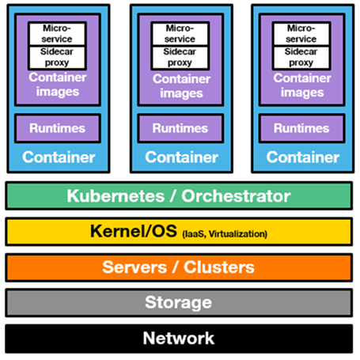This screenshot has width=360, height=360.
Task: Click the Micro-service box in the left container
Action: coord(57,34)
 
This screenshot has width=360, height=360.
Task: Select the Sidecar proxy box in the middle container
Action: coord(180,58)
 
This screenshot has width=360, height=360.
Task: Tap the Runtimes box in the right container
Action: coord(302,128)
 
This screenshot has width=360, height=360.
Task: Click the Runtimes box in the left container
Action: coord(58,128)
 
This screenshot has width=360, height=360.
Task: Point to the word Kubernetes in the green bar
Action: coord(116,196)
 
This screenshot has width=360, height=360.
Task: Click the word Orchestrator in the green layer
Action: coord(236,196)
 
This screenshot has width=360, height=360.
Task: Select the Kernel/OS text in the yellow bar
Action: coord(134,231)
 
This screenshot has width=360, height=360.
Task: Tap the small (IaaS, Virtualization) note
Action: coord(225,234)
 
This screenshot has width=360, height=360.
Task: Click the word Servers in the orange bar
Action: coord(135,267)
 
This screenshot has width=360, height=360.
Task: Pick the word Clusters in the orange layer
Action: coord(219,267)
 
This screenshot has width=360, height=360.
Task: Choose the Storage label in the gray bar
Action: coord(178,303)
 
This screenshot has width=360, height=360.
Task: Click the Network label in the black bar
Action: coord(179,338)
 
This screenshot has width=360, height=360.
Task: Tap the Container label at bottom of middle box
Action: coord(181,157)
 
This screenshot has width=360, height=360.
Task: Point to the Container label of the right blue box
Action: coord(303,157)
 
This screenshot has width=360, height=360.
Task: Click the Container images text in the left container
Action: coord(58,85)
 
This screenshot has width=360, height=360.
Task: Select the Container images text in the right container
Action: coord(302,85)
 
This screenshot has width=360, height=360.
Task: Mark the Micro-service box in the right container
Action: coord(301,34)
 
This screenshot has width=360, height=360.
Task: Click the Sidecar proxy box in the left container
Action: coord(57,58)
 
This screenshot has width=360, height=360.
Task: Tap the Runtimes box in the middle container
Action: coord(180,128)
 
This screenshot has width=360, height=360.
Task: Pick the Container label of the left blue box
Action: coord(59,157)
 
